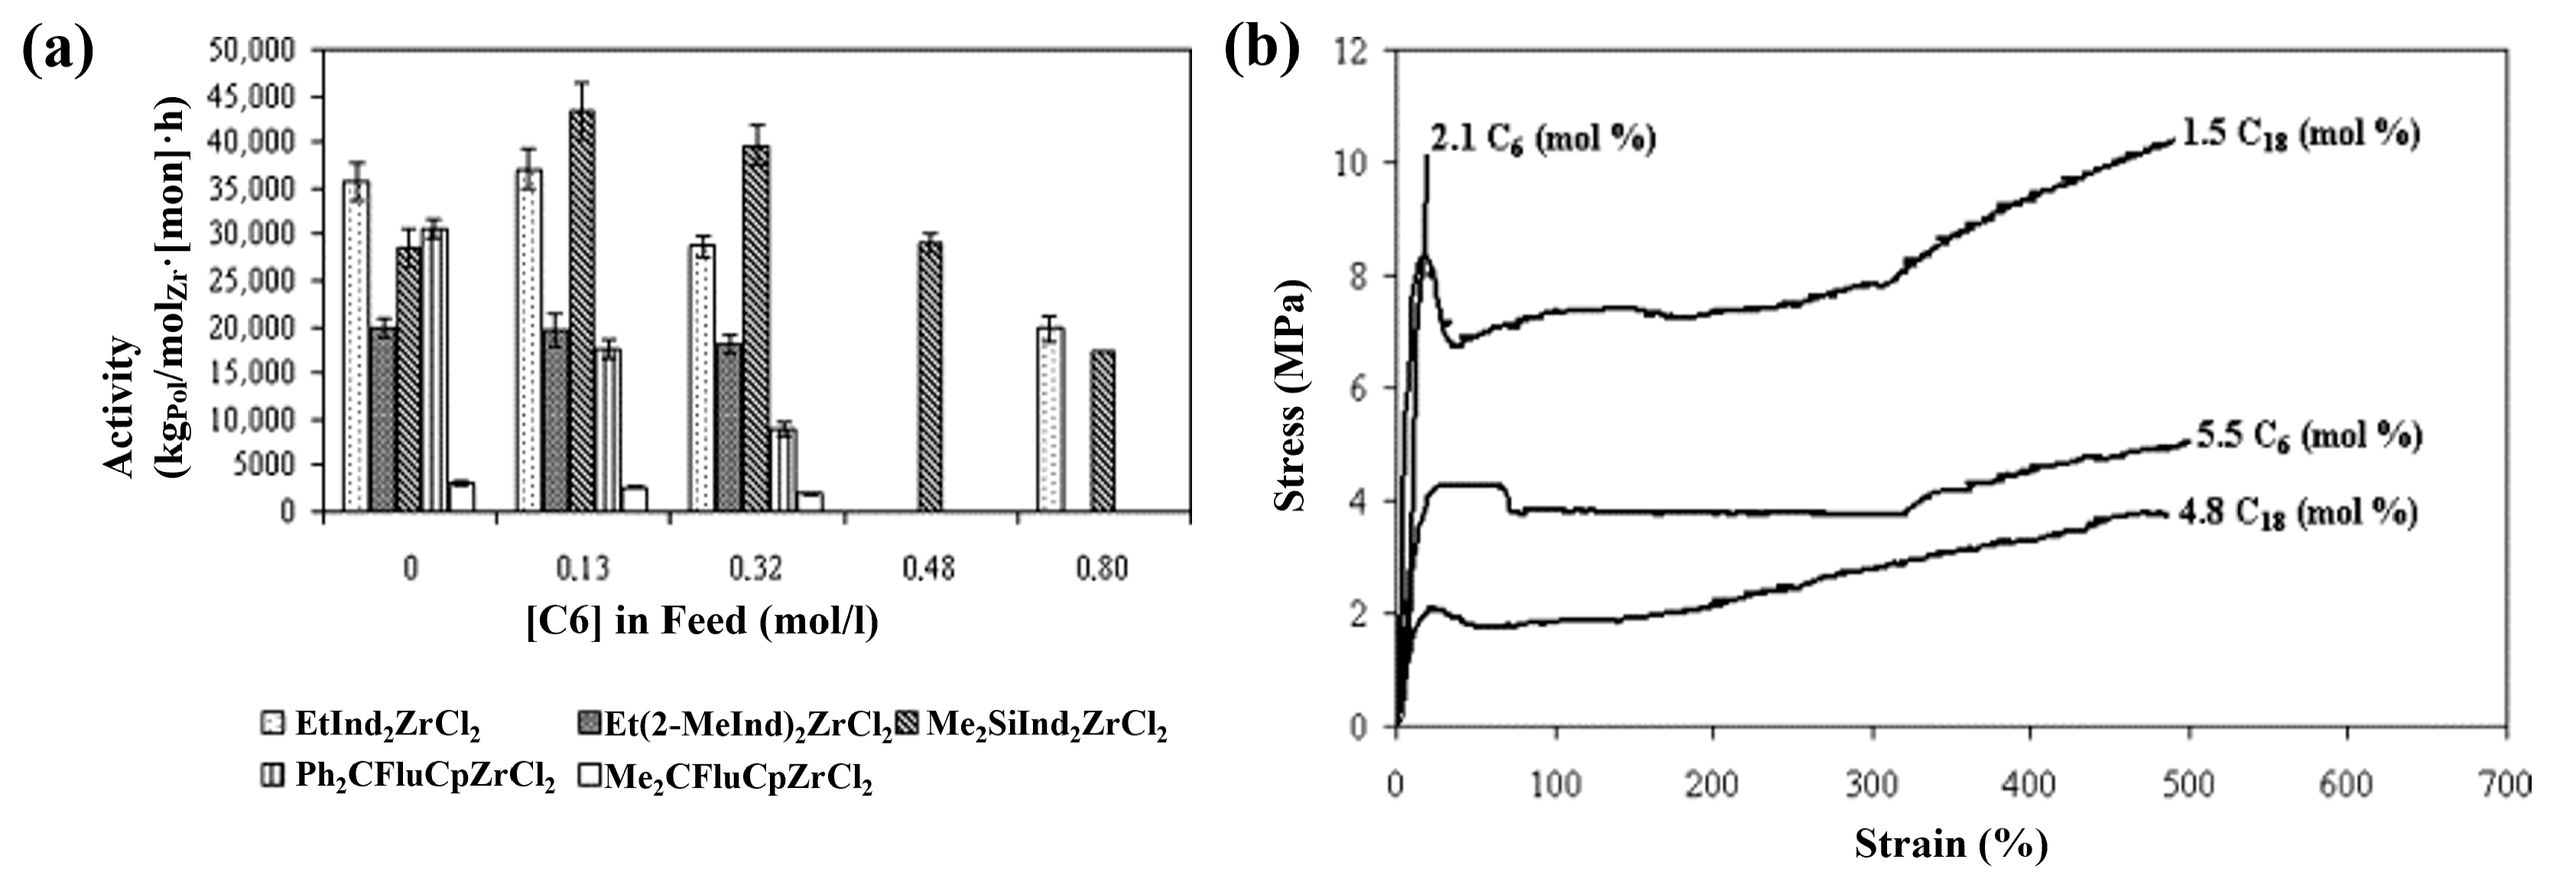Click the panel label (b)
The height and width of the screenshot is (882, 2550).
[1262, 50]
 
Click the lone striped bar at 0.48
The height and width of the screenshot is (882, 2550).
[930, 376]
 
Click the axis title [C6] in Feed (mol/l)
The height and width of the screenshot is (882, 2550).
[702, 620]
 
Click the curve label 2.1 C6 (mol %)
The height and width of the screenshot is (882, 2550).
[1542, 138]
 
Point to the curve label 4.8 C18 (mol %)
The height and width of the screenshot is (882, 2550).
[2297, 513]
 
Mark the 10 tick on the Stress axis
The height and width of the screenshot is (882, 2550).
[1351, 161]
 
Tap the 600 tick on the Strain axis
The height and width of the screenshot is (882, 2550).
[2346, 785]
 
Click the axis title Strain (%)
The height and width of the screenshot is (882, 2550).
[1950, 845]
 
